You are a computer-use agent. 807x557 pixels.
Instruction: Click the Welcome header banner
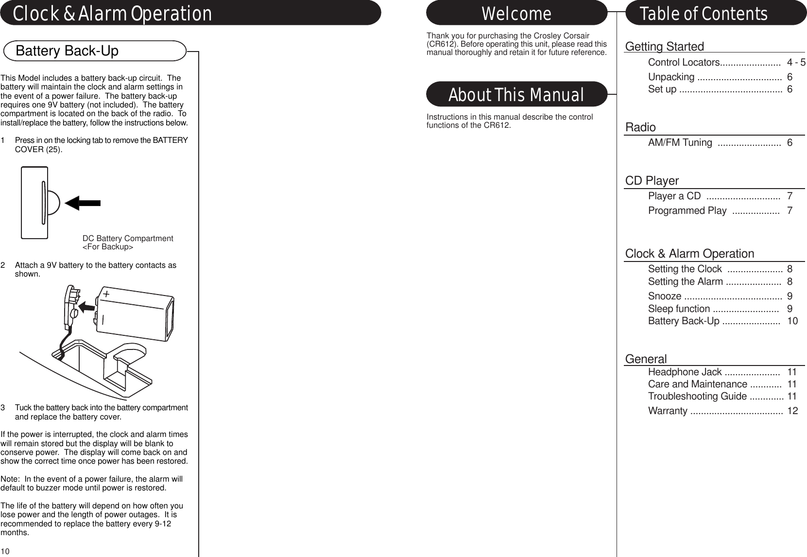[x=516, y=14]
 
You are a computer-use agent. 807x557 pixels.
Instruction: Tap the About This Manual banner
[x=516, y=95]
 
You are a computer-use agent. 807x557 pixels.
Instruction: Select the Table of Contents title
[x=704, y=14]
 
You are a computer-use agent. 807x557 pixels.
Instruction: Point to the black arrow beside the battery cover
[x=83, y=203]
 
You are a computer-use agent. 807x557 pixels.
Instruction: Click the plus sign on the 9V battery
[x=106, y=295]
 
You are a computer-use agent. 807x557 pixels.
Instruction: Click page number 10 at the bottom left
[x=5, y=551]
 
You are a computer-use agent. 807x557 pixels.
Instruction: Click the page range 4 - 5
[x=796, y=63]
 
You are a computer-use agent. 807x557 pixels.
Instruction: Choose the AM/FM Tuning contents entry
[x=680, y=142]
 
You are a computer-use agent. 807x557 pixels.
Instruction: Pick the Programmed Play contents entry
[x=687, y=210]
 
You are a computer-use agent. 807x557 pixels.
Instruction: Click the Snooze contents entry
[x=665, y=296]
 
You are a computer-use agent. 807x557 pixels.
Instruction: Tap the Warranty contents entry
[x=668, y=411]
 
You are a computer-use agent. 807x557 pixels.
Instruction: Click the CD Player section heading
[x=652, y=181]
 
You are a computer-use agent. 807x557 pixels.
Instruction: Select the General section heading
[x=646, y=359]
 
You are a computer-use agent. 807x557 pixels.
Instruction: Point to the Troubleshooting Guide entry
[x=697, y=396]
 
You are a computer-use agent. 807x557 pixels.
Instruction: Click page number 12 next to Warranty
[x=792, y=411]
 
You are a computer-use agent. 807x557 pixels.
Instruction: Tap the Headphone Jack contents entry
[x=685, y=372]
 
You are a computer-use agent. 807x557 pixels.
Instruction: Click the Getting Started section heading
[x=664, y=47]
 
